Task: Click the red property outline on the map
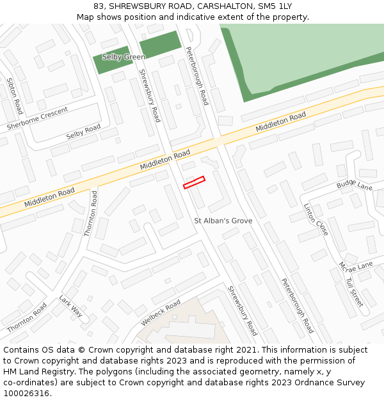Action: point(194,182)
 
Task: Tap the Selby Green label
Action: point(124,57)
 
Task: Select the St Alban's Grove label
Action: point(223,221)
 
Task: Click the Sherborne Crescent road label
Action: point(37,119)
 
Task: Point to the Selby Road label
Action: point(83,132)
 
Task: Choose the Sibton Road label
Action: point(15,96)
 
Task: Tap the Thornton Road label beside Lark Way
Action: point(27,317)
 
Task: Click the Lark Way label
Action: point(71,306)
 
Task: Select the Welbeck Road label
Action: point(161,313)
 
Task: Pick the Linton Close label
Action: point(316,220)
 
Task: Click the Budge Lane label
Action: point(355,186)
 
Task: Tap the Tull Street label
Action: point(354,292)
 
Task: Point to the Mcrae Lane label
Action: point(356,265)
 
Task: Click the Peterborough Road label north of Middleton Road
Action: point(197,76)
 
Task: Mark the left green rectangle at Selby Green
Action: point(113,60)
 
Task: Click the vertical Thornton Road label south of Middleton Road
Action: point(91,214)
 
